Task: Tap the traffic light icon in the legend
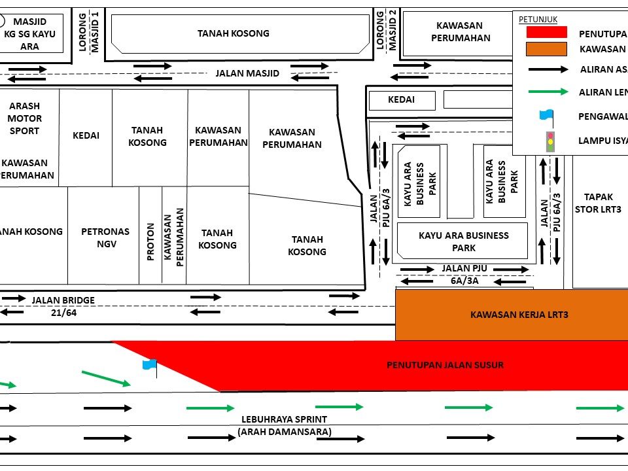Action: tap(550, 141)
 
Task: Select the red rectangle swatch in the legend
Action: tap(546, 32)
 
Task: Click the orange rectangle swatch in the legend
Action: tap(546, 49)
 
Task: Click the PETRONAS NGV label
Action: tap(105, 237)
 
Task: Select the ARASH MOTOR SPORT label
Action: tap(24, 118)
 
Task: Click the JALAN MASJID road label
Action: tap(247, 73)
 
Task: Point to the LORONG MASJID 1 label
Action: tap(88, 31)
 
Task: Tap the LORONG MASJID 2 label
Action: tap(386, 30)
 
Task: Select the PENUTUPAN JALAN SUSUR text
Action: tap(445, 365)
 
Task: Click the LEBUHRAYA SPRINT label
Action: tap(284, 419)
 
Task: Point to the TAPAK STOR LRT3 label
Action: tap(598, 203)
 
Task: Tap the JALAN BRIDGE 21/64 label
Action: tap(63, 306)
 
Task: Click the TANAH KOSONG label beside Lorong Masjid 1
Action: tap(234, 33)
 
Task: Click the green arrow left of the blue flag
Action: tap(106, 378)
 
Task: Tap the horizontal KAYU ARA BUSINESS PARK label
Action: tap(463, 241)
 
